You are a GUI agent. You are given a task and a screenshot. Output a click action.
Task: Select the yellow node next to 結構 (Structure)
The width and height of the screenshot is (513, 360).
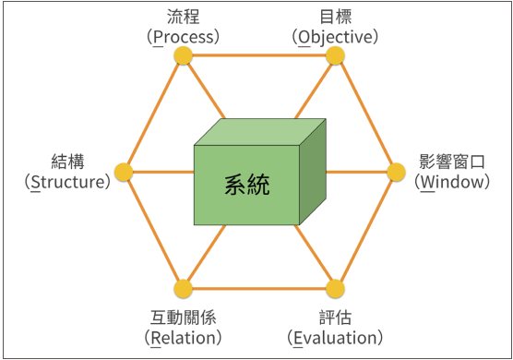(124, 172)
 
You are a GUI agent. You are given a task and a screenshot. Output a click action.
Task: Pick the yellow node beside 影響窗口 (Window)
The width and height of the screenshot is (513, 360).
(395, 172)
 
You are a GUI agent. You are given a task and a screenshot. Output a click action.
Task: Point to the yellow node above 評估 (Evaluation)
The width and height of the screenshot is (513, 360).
(335, 287)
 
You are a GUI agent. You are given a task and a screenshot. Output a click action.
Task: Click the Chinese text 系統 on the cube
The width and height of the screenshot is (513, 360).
(247, 184)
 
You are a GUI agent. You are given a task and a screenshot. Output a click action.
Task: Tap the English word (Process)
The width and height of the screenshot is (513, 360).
(185, 37)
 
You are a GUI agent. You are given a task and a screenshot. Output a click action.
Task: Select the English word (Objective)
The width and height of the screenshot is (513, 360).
(335, 37)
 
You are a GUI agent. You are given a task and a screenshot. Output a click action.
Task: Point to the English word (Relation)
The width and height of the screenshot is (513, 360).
(184, 337)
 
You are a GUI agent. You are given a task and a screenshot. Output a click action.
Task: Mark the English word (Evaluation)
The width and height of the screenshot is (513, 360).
(334, 337)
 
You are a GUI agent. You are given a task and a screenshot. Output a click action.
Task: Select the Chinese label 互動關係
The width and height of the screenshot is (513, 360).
(184, 317)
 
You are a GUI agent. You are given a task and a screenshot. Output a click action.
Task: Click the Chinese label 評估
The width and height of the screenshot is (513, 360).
(334, 317)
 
